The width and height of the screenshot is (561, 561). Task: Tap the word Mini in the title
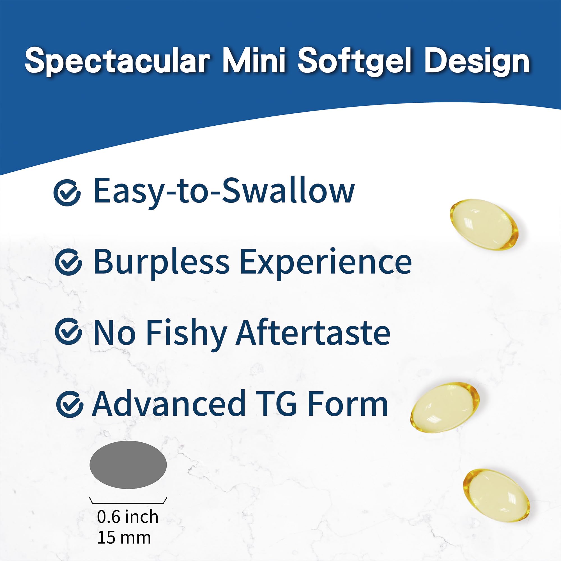pyautogui.click(x=254, y=61)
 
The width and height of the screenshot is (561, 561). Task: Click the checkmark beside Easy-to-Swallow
pyautogui.click(x=67, y=192)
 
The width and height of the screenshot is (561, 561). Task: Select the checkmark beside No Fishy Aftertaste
pyautogui.click(x=68, y=332)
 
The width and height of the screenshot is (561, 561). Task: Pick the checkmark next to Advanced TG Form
pyautogui.click(x=69, y=404)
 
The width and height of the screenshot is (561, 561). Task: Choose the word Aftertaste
pyautogui.click(x=313, y=332)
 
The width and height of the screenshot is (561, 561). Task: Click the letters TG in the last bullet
pyautogui.click(x=276, y=404)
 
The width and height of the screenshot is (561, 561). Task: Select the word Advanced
pyautogui.click(x=169, y=404)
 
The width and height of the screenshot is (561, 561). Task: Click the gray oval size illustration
pyautogui.click(x=128, y=464)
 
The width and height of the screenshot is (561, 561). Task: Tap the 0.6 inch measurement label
pyautogui.click(x=127, y=517)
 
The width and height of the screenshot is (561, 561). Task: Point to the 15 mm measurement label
pyautogui.click(x=124, y=538)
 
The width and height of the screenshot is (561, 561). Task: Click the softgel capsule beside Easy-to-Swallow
pyautogui.click(x=484, y=223)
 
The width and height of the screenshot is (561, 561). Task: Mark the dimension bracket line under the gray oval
pyautogui.click(x=128, y=503)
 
